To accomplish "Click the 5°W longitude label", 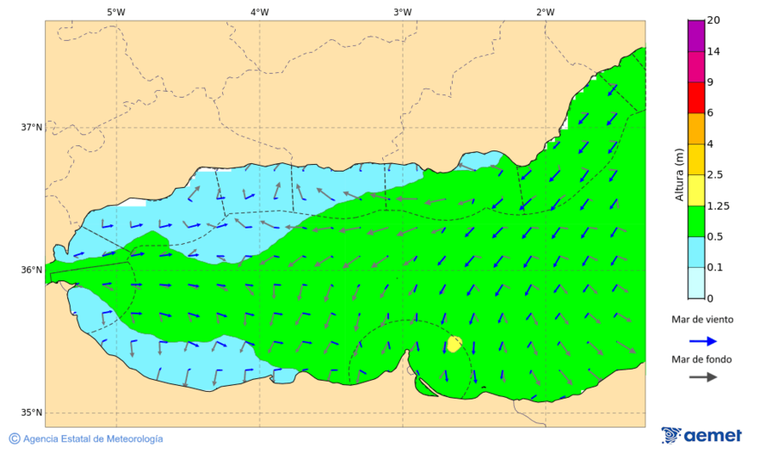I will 116,12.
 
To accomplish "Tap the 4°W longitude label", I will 260,12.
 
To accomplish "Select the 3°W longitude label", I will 403,12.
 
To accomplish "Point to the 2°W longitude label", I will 546,12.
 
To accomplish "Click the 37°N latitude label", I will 31,127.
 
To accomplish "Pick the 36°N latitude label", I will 31,270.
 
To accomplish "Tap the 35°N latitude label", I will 31,413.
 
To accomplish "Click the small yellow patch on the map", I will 454,343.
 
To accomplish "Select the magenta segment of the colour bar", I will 696,36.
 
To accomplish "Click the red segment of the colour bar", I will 696,98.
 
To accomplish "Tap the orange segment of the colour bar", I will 696,128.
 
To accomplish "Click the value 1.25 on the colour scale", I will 719,206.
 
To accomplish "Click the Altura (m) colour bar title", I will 679,174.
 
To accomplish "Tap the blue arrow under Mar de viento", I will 701,340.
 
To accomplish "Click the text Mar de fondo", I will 701,360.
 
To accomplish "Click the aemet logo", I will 701,435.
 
